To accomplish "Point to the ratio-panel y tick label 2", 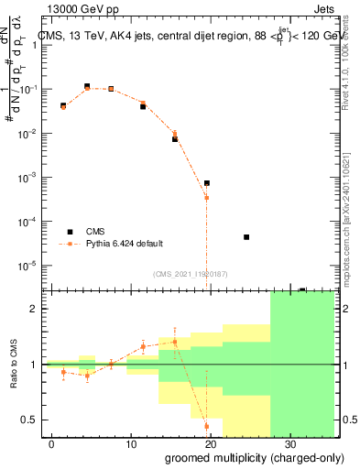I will (37, 309).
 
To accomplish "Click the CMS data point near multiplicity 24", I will (246, 236).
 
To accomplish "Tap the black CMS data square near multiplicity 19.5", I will (207, 183).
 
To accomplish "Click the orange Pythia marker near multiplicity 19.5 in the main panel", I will (207, 198).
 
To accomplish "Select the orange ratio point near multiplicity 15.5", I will (175, 342).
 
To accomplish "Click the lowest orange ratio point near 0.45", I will (207, 426).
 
